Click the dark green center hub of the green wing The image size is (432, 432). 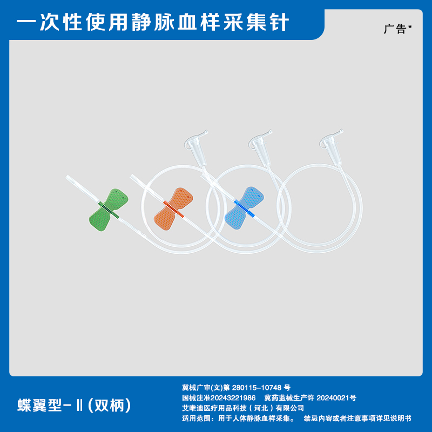108,207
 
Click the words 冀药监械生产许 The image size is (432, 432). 288,398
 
